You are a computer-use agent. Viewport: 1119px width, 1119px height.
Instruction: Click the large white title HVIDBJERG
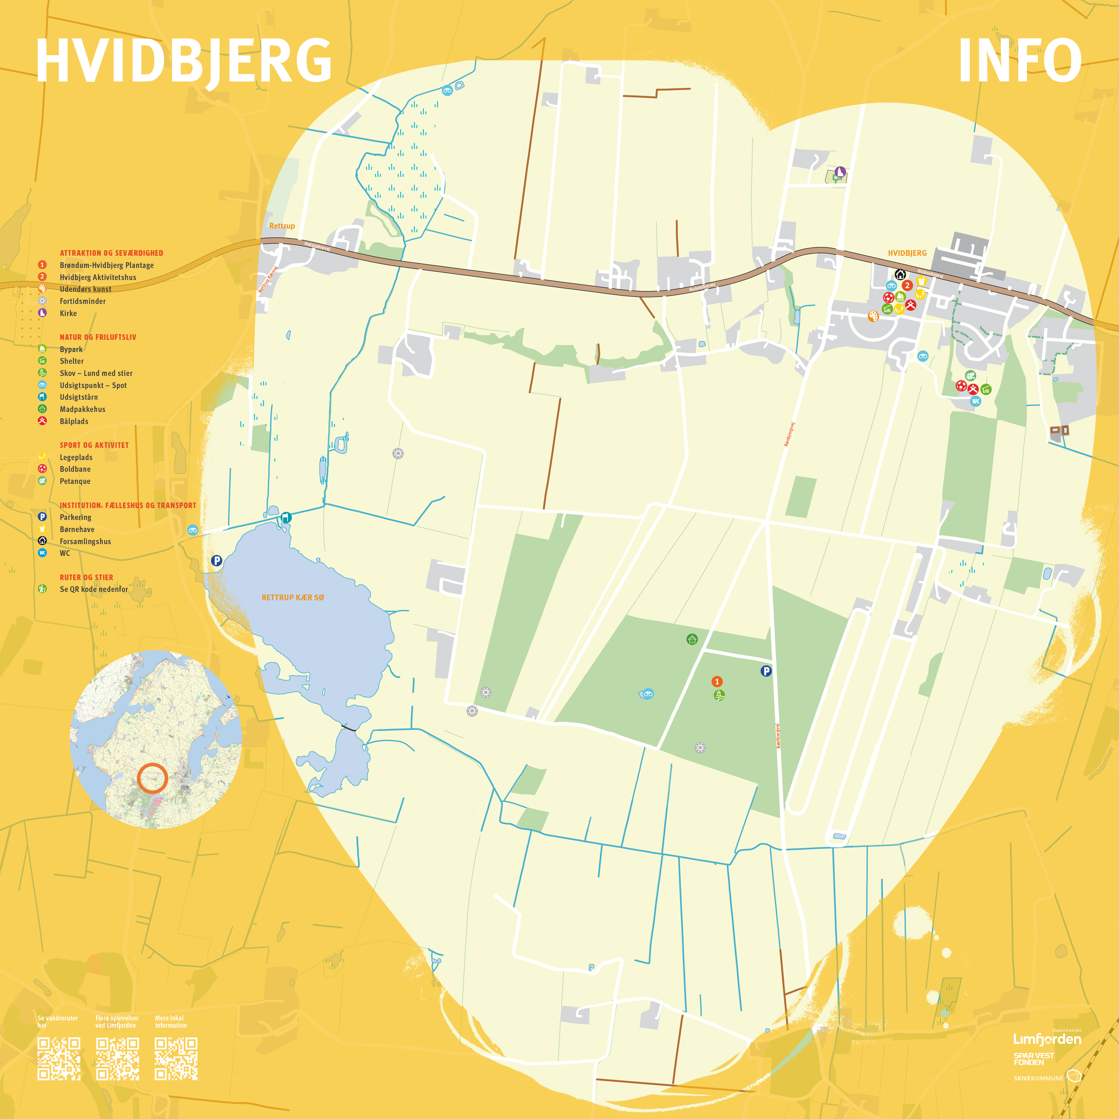tap(184, 61)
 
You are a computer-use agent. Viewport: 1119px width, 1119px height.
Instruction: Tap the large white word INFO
tap(1019, 61)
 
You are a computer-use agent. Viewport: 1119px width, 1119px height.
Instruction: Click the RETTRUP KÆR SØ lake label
tap(293, 597)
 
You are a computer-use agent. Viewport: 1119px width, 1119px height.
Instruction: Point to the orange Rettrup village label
tap(282, 226)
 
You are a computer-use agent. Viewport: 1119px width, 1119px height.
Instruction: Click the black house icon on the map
tap(900, 274)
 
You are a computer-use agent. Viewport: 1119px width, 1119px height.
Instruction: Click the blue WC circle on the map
tap(975, 401)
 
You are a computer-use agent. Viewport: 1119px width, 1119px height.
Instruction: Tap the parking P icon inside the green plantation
tap(766, 671)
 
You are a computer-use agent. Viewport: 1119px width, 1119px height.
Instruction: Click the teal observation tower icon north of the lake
tap(286, 517)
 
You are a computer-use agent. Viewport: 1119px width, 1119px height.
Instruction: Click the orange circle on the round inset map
tap(152, 778)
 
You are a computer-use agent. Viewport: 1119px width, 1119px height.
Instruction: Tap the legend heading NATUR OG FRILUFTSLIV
tap(98, 337)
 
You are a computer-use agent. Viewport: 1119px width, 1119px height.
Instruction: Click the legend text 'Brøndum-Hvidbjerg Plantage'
tap(106, 265)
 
